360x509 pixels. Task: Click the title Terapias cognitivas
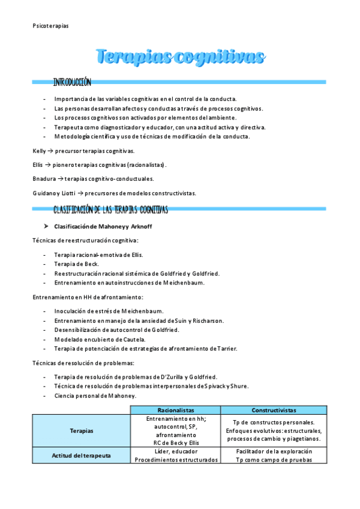pyautogui.click(x=180, y=57)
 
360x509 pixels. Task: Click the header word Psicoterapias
pyautogui.click(x=50, y=26)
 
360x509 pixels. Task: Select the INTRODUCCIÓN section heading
pyautogui.click(x=72, y=82)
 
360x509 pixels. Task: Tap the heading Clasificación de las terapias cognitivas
pyautogui.click(x=110, y=209)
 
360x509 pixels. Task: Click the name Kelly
pyautogui.click(x=40, y=151)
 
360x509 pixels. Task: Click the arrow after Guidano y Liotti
pyautogui.click(x=80, y=193)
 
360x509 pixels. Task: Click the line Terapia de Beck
pyautogui.click(x=76, y=264)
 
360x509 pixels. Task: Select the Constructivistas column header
pyautogui.click(x=274, y=410)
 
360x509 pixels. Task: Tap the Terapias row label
pyautogui.click(x=82, y=430)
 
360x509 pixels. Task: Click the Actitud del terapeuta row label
pyautogui.click(x=82, y=456)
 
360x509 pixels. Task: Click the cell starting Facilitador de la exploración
pyautogui.click(x=274, y=451)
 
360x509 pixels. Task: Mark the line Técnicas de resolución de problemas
pyautogui.click(x=83, y=363)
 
